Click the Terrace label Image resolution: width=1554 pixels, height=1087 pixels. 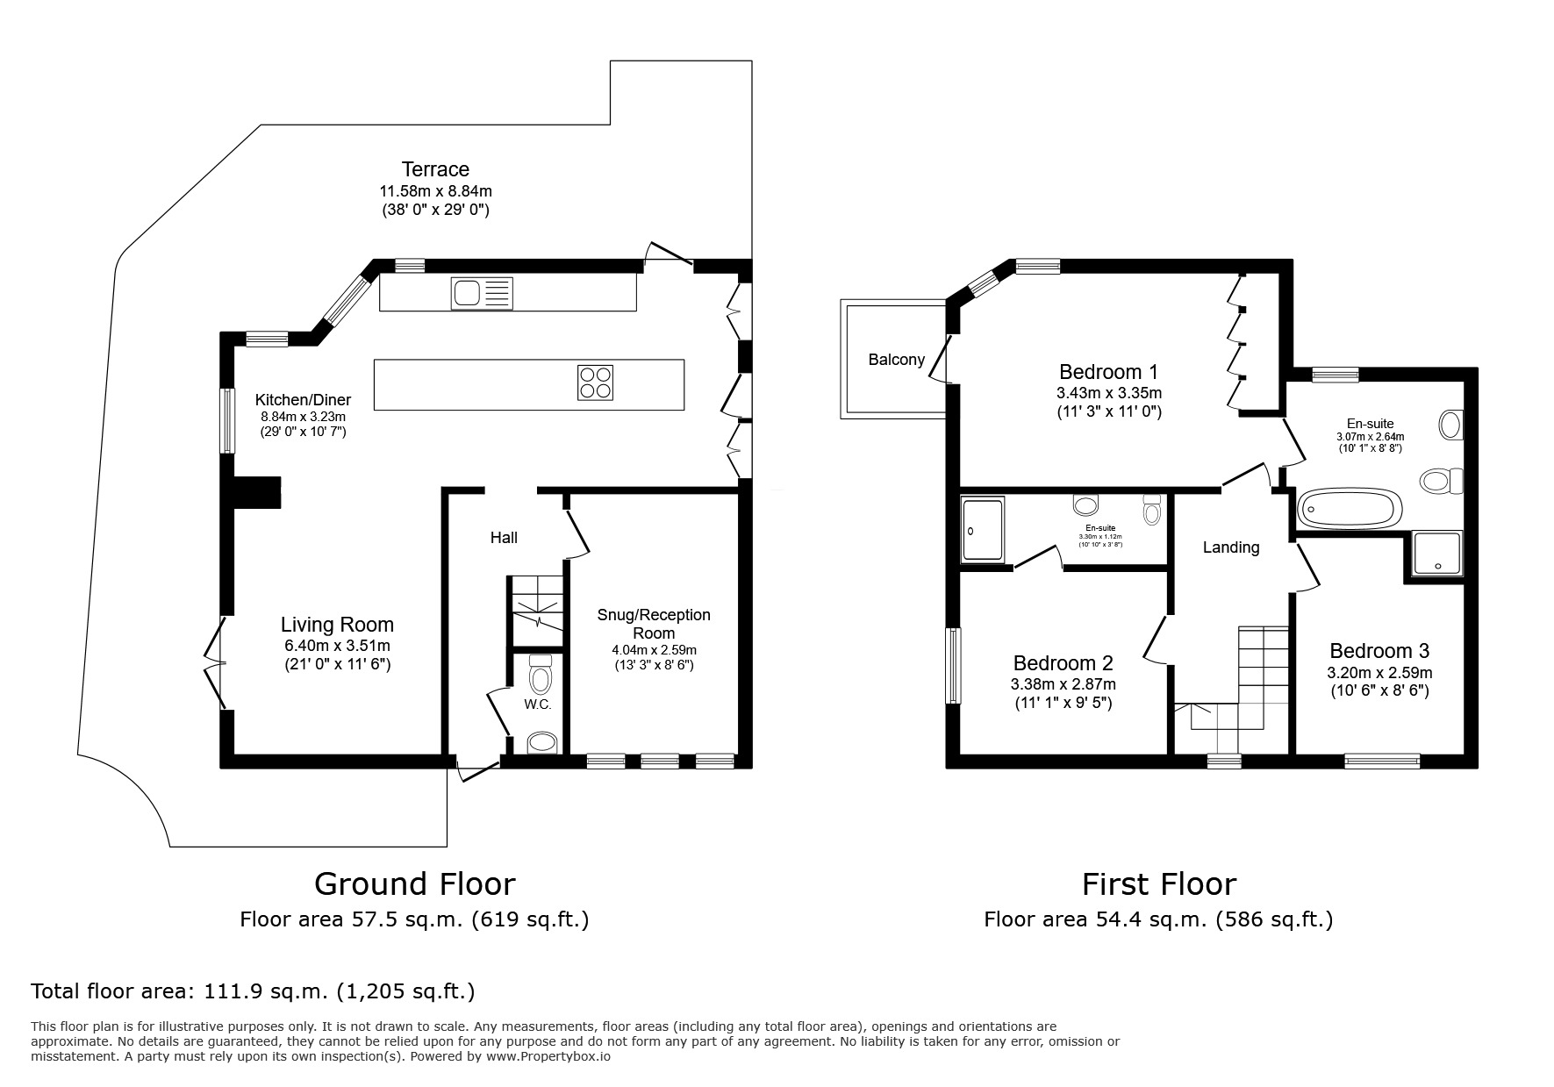(x=435, y=169)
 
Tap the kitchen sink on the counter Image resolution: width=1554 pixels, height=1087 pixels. (x=481, y=293)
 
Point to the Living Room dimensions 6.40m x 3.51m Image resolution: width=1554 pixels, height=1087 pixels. (x=337, y=646)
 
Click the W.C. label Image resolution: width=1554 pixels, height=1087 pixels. (x=537, y=704)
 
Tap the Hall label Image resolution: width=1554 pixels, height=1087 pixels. (x=504, y=538)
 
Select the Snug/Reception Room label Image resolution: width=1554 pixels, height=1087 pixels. (x=654, y=624)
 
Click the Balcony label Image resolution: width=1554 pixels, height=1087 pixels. (x=896, y=360)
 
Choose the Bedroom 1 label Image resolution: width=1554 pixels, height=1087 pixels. (x=1108, y=371)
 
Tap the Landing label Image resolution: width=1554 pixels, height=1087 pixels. (x=1230, y=547)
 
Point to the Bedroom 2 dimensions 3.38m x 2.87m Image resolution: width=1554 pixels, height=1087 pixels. (x=1063, y=684)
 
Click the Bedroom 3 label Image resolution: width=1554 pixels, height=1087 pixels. (x=1379, y=651)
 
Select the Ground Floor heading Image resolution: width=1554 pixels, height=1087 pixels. (x=414, y=883)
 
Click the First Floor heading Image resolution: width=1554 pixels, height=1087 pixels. (x=1158, y=883)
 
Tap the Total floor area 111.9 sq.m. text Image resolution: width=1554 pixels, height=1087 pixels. (x=253, y=991)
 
